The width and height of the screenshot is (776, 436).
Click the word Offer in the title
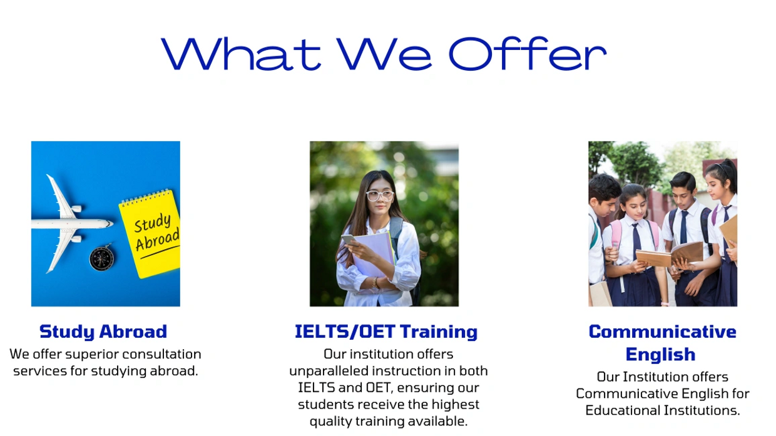coord(528,54)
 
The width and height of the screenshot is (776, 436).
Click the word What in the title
coord(241,54)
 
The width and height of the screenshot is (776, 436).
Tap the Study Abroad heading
coord(103,332)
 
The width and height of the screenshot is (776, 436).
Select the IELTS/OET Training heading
coord(386,332)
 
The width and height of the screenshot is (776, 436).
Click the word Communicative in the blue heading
coord(662,332)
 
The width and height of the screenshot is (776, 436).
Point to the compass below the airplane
coord(102,258)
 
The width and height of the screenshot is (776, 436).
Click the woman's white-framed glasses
coord(380,196)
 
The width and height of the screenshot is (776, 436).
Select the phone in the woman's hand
coord(349,240)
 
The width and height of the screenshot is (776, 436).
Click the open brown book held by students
coord(670,254)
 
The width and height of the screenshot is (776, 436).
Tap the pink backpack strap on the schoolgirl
coord(616,233)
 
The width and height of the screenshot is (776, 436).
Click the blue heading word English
coord(661,355)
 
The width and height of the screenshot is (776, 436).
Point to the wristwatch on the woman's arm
coord(374,282)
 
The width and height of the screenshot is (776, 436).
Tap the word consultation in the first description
coord(162,354)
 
